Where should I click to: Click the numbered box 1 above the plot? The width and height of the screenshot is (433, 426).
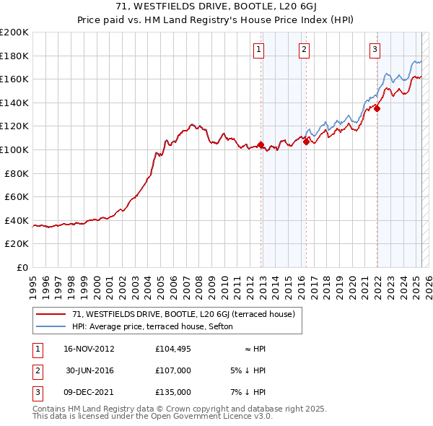(258, 50)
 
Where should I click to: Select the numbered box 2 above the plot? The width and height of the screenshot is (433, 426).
(305, 50)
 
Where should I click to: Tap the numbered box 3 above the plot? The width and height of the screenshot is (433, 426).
(375, 50)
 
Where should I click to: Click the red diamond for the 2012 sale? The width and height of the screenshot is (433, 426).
(261, 144)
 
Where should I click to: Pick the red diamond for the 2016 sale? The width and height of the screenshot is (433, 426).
(306, 142)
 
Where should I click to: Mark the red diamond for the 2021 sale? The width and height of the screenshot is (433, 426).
(377, 109)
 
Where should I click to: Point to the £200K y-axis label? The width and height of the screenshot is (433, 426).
(14, 32)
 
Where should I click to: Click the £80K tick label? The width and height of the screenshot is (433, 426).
(17, 173)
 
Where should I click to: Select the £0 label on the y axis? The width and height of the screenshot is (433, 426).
(22, 267)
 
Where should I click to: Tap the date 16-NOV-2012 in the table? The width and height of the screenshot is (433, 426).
(89, 349)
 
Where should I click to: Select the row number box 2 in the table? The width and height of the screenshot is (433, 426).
(35, 370)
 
